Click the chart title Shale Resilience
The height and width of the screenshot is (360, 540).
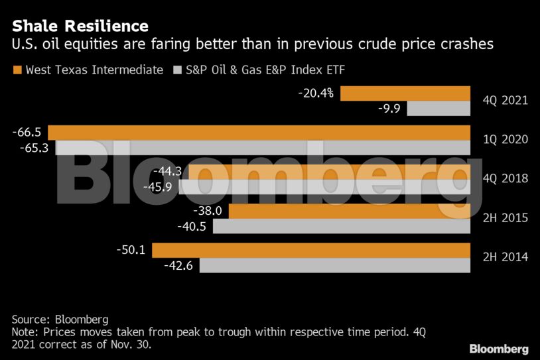pos(80,26)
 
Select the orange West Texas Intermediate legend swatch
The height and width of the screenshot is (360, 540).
pos(17,70)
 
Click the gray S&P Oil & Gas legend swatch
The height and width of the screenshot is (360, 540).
pos(177,70)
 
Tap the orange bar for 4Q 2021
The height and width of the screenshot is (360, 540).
pos(405,93)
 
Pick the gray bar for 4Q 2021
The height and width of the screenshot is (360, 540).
pos(439,108)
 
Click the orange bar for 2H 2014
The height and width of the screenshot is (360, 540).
pos(310,250)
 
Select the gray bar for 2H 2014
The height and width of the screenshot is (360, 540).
pos(334,265)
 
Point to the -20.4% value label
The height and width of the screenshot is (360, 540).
pos(316,93)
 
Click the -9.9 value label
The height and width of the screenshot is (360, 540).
pos(389,108)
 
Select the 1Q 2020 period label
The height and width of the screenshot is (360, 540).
pos(505,140)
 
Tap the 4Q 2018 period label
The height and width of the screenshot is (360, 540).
pos(505,178)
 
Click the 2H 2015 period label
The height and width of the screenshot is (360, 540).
pos(505,217)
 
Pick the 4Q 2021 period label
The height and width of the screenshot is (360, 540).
pos(505,101)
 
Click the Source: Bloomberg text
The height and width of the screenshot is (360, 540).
pos(60,319)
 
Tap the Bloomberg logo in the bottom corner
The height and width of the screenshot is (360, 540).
pos(499,348)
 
